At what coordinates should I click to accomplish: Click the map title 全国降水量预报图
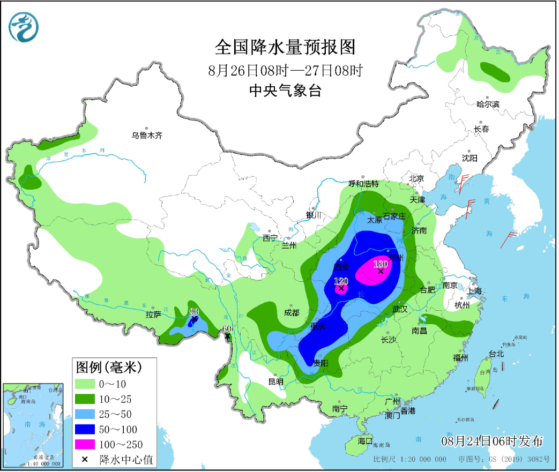click(x=285, y=48)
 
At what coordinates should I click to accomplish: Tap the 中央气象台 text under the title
click(x=285, y=91)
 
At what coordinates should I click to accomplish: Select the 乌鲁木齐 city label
click(x=147, y=136)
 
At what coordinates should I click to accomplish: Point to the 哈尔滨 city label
click(x=488, y=104)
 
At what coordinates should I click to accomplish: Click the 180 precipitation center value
click(x=380, y=264)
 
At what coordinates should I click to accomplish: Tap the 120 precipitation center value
click(x=341, y=281)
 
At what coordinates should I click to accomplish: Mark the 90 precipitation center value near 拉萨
click(x=194, y=312)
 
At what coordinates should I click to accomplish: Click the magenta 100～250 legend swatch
click(x=85, y=444)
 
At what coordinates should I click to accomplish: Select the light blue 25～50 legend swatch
click(x=85, y=414)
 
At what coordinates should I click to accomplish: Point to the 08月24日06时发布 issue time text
click(x=491, y=441)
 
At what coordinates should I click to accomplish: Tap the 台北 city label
click(x=496, y=354)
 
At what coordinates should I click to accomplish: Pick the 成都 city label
click(x=292, y=312)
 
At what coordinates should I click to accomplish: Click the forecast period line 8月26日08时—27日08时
click(x=285, y=70)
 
